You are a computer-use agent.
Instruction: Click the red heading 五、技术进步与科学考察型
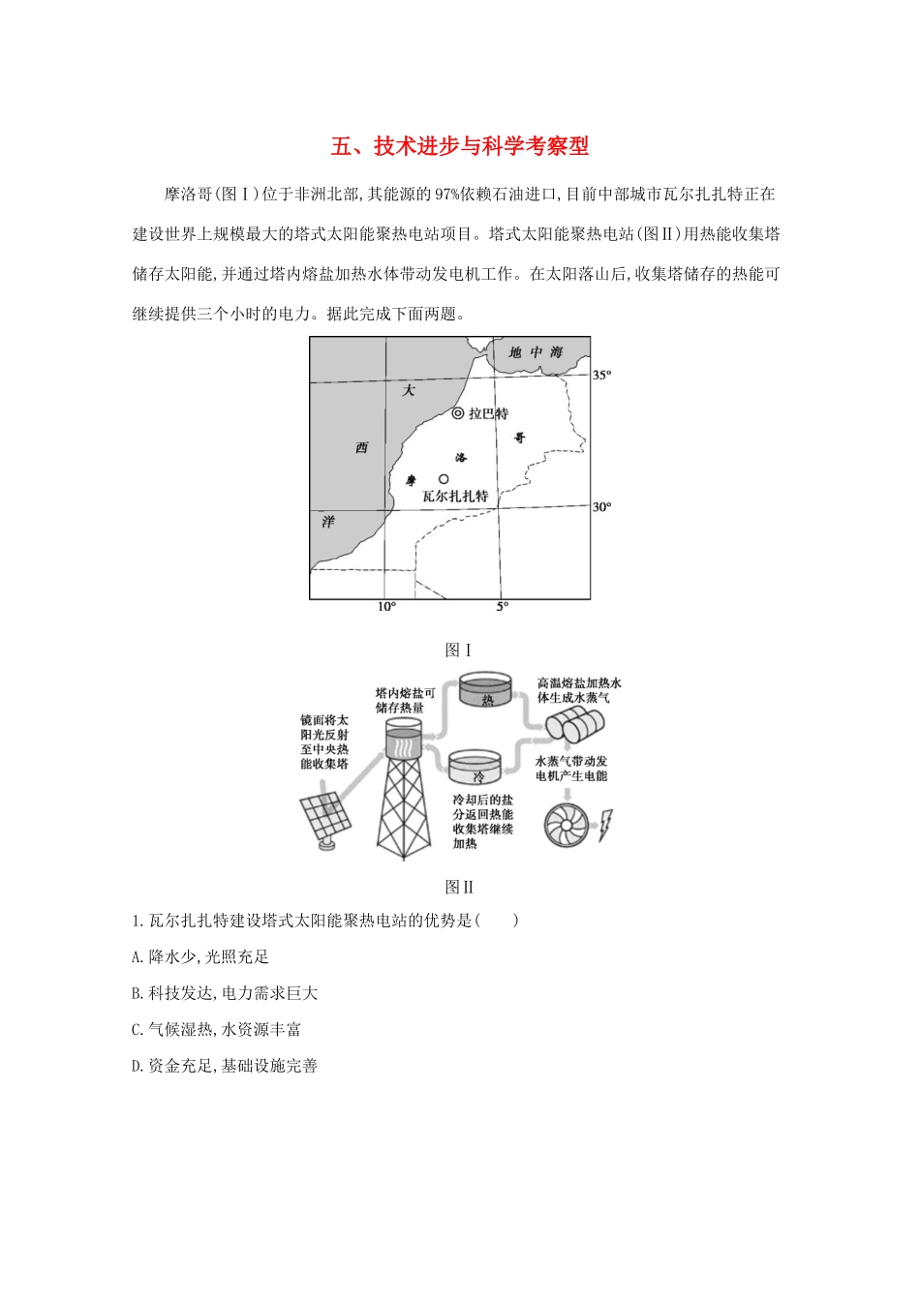[460, 146]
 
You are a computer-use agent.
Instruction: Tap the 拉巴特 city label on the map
[487, 413]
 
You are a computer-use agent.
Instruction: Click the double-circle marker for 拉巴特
[458, 413]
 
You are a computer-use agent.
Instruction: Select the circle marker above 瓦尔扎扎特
[444, 478]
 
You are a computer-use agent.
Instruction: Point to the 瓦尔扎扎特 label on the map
[455, 496]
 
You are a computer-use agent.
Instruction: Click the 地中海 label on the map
[536, 352]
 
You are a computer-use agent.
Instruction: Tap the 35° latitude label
[602, 375]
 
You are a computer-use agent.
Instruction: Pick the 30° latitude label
[602, 507]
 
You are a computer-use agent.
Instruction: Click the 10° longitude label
[386, 607]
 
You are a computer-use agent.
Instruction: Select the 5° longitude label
[502, 607]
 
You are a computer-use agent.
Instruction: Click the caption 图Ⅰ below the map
[458, 650]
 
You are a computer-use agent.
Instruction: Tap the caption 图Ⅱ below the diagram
[459, 886]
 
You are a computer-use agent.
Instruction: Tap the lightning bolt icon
[606, 825]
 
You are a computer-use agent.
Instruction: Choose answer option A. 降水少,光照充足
[200, 956]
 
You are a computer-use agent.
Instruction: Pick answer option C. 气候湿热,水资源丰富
[216, 1029]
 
